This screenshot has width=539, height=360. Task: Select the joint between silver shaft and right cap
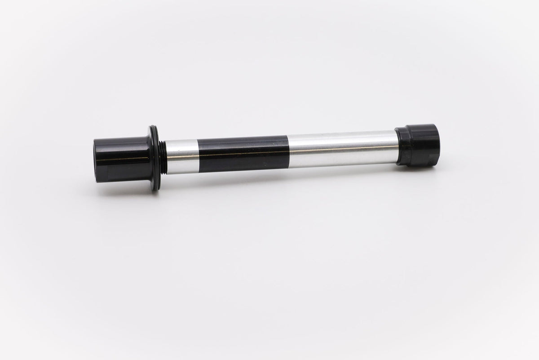pos(397,146)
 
